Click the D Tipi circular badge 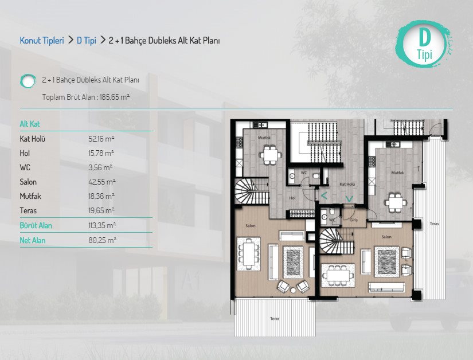pyautogui.click(x=424, y=44)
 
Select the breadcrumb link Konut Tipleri pyautogui.click(x=42, y=40)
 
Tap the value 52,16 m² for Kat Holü pyautogui.click(x=101, y=139)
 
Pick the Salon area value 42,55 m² pyautogui.click(x=102, y=182)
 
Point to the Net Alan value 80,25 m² pyautogui.click(x=102, y=240)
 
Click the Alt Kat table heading pyautogui.click(x=30, y=124)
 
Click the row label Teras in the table pyautogui.click(x=28, y=210)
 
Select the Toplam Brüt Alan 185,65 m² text pyautogui.click(x=86, y=97)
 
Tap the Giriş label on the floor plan pyautogui.click(x=354, y=220)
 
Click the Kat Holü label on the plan pyautogui.click(x=347, y=184)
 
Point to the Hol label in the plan pyautogui.click(x=292, y=198)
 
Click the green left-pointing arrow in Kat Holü pyautogui.click(x=324, y=196)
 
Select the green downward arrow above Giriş pyautogui.click(x=349, y=199)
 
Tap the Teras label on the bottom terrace pyautogui.click(x=275, y=318)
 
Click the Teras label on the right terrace pyautogui.click(x=434, y=224)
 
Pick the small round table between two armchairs pyautogui.click(x=293, y=291)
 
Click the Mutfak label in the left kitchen pyautogui.click(x=264, y=138)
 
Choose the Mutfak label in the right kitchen pyautogui.click(x=397, y=173)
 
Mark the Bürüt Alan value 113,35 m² pyautogui.click(x=102, y=225)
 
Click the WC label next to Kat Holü pyautogui.click(x=304, y=173)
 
